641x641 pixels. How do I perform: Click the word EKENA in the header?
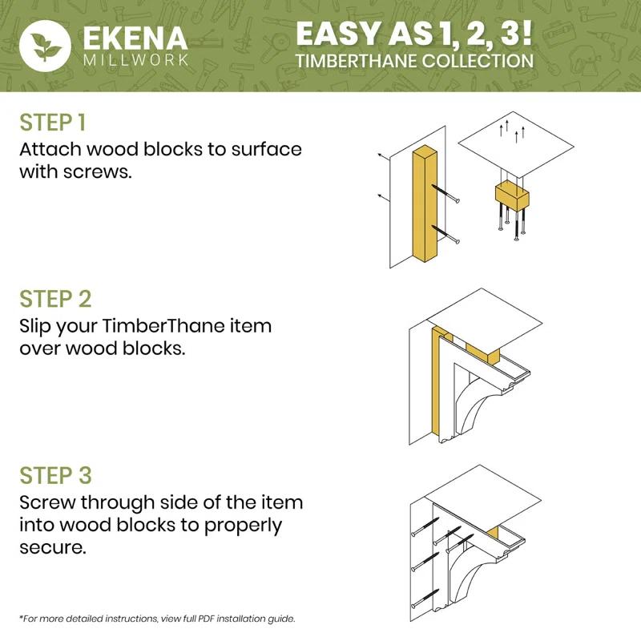click(134, 38)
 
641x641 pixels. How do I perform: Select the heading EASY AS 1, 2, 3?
click(413, 34)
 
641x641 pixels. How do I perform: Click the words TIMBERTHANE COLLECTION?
click(413, 61)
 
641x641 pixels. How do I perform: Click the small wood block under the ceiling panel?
click(512, 195)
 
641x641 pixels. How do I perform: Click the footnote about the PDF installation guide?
click(157, 619)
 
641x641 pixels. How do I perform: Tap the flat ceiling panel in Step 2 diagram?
click(497, 320)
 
